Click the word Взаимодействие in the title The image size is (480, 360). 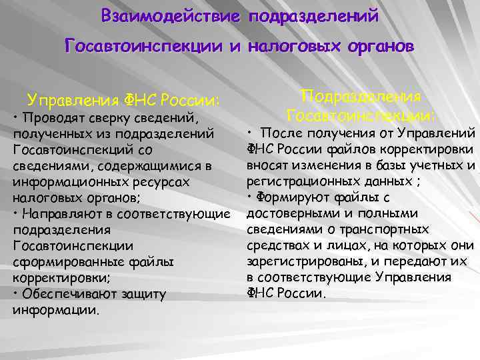coord(171,16)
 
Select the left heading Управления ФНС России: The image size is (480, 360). coord(123,101)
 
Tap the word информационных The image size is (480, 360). coord(67,182)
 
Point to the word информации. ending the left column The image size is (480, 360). coord(56,310)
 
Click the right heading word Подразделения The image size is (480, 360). coord(361,96)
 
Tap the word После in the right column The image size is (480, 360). coord(278,133)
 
